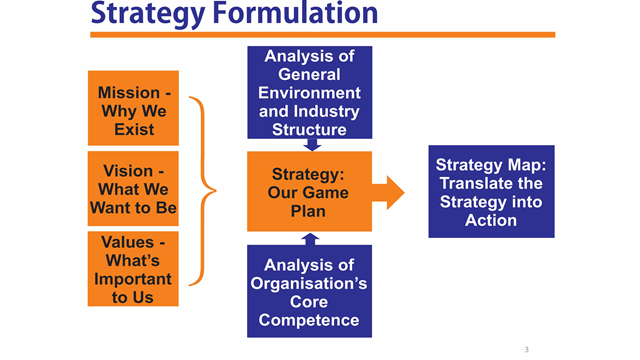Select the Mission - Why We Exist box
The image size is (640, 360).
133,109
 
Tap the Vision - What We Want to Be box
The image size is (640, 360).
133,189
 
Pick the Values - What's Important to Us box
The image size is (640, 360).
133,268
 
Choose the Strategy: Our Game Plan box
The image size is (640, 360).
309,191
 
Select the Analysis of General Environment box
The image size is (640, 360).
310,92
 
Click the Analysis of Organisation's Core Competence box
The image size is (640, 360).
310,291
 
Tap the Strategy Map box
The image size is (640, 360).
491,191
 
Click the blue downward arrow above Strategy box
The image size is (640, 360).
311,143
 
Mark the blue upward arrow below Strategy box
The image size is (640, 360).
311,240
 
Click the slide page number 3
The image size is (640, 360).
526,349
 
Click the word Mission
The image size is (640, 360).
128,93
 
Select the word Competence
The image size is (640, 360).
310,320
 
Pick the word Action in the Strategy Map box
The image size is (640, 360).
491,219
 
